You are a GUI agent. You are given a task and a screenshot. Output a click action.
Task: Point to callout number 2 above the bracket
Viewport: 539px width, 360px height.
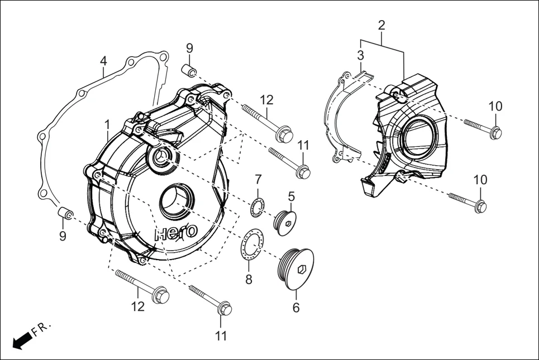(381, 25)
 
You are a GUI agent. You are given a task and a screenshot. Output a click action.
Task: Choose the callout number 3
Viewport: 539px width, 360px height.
(361, 55)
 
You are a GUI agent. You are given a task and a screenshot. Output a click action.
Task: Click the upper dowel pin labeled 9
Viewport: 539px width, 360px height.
(189, 70)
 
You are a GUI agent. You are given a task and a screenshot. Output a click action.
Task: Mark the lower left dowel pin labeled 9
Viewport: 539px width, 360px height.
(65, 213)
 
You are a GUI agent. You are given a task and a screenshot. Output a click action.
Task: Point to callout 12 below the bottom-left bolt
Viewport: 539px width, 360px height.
(138, 306)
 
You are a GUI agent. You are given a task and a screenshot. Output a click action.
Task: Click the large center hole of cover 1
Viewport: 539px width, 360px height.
(176, 201)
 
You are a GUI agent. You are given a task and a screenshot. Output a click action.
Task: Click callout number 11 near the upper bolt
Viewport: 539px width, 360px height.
(303, 145)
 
